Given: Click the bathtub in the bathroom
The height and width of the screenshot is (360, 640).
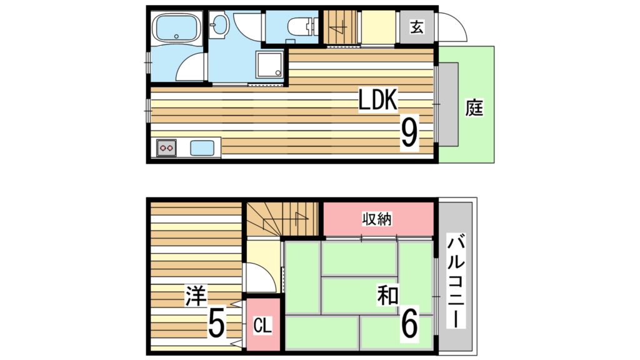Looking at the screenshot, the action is coord(176,27).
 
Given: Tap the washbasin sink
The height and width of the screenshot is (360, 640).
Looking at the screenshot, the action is coord(219,24).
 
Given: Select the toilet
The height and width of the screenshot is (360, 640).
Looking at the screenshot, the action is coord(302,27).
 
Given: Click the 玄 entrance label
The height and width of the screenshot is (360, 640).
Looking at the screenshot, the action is coord(417,27).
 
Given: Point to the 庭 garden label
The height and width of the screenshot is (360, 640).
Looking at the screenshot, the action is coord(474,107).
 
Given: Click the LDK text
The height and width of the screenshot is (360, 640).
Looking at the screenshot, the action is coord(377,100).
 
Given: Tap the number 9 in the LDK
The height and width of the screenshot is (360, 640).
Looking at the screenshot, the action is coord(410,132).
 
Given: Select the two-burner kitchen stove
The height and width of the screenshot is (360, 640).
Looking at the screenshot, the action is coord(166,147).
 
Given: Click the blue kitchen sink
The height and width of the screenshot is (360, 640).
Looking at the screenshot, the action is coord(202,147).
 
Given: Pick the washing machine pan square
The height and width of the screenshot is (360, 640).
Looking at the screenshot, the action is coord(269,64).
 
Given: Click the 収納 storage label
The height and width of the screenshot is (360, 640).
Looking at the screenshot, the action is coord(377,219).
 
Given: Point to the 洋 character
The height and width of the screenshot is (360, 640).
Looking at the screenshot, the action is coord(196,296).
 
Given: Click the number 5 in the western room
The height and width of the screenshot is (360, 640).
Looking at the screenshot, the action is coord(217,322).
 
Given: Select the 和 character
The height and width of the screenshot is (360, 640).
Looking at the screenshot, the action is coord(387,296).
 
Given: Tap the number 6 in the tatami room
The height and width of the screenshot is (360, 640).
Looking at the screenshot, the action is coord(409,322).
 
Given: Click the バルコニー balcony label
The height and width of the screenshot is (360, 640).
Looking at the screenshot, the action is coord(456,282).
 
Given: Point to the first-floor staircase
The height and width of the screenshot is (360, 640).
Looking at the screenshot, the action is coord(339,26).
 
